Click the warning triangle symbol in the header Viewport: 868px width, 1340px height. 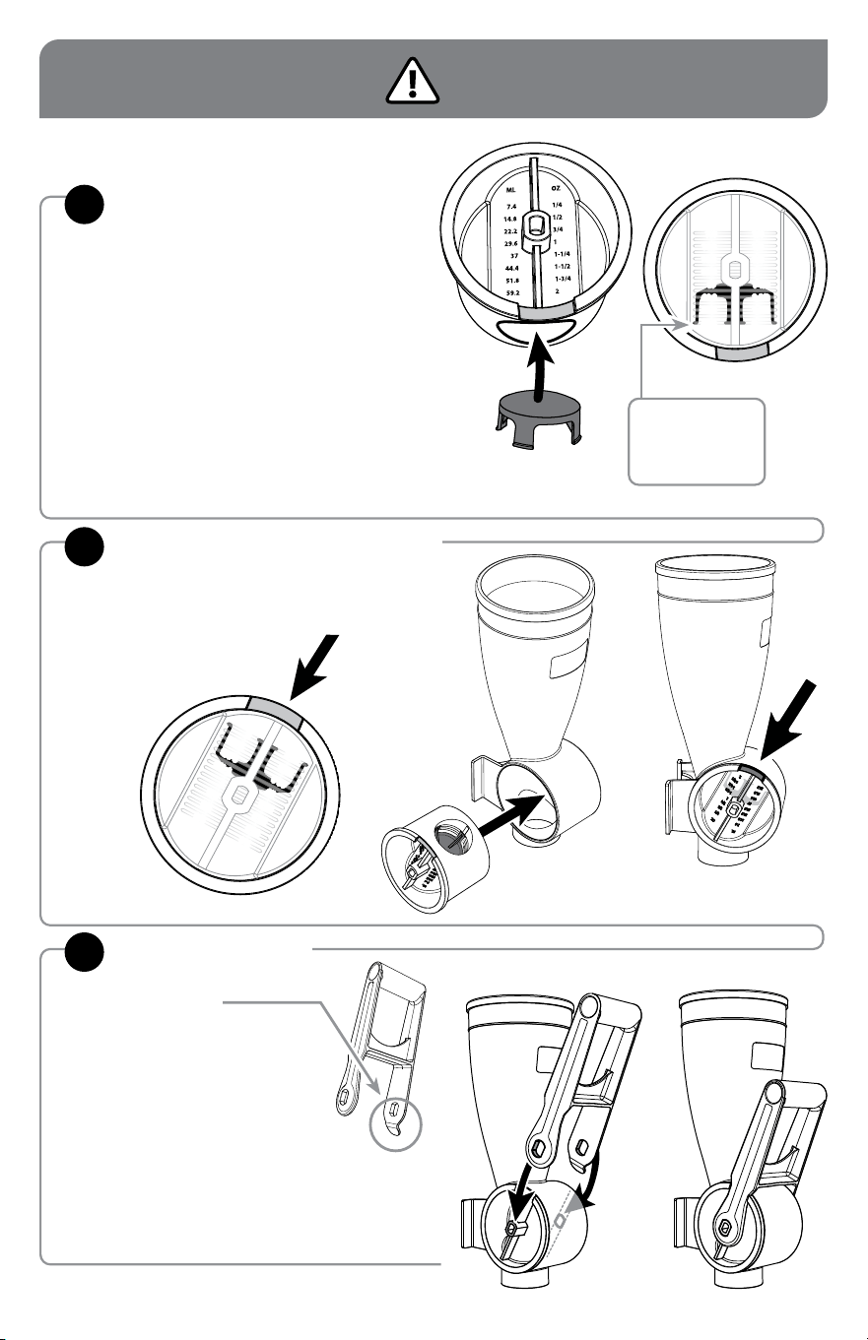412,81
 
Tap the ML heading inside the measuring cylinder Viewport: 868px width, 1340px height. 510,190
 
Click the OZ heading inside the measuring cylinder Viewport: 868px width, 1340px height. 556,188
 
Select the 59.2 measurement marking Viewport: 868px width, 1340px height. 512,293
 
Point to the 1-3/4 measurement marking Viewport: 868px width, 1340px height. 563,279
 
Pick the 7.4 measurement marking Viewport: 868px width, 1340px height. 510,207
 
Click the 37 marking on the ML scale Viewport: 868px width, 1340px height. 514,256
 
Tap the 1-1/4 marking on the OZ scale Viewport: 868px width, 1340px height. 563,254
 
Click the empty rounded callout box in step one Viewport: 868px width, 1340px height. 697,441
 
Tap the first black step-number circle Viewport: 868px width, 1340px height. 84,205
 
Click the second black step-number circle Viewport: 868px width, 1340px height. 84,546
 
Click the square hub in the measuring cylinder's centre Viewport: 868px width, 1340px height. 535,226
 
